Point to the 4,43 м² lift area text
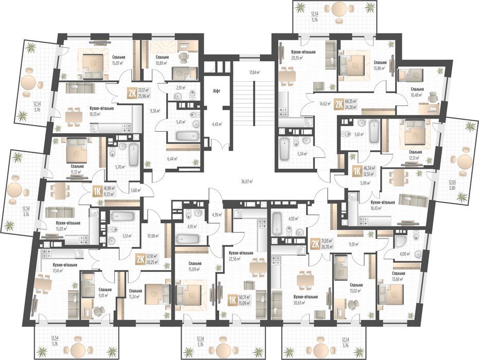(x=216, y=124)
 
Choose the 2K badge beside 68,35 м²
(x=339, y=103)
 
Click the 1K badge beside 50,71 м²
(x=233, y=300)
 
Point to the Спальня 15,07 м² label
(x=120, y=61)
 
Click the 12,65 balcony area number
(x=452, y=182)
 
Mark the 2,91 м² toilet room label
(x=181, y=88)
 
